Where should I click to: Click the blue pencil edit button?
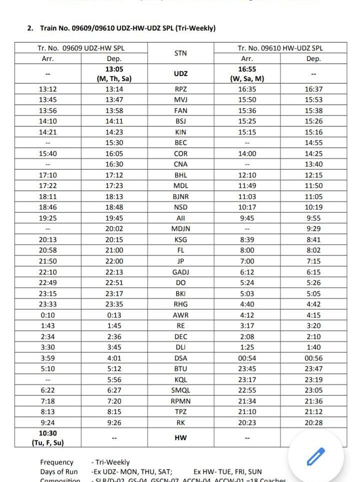(315, 456)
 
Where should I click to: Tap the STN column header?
(180, 53)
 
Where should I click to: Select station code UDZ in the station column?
(180, 73)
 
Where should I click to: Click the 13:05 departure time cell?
(114, 73)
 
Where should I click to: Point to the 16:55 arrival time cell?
(247, 73)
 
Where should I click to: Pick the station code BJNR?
(180, 196)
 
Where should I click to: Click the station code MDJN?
(180, 228)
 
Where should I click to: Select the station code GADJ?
(180, 271)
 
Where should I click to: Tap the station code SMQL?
(180, 390)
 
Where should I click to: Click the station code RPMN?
(180, 401)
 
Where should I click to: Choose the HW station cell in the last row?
(180, 437)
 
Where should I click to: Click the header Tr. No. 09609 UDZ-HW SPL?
(81, 48)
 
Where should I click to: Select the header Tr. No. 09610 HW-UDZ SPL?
(280, 48)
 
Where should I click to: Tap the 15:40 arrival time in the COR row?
(47, 153)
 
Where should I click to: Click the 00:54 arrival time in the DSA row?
(247, 358)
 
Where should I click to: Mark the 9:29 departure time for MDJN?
(313, 228)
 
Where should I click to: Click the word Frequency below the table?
(57, 462)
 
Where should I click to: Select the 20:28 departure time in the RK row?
(313, 422)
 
